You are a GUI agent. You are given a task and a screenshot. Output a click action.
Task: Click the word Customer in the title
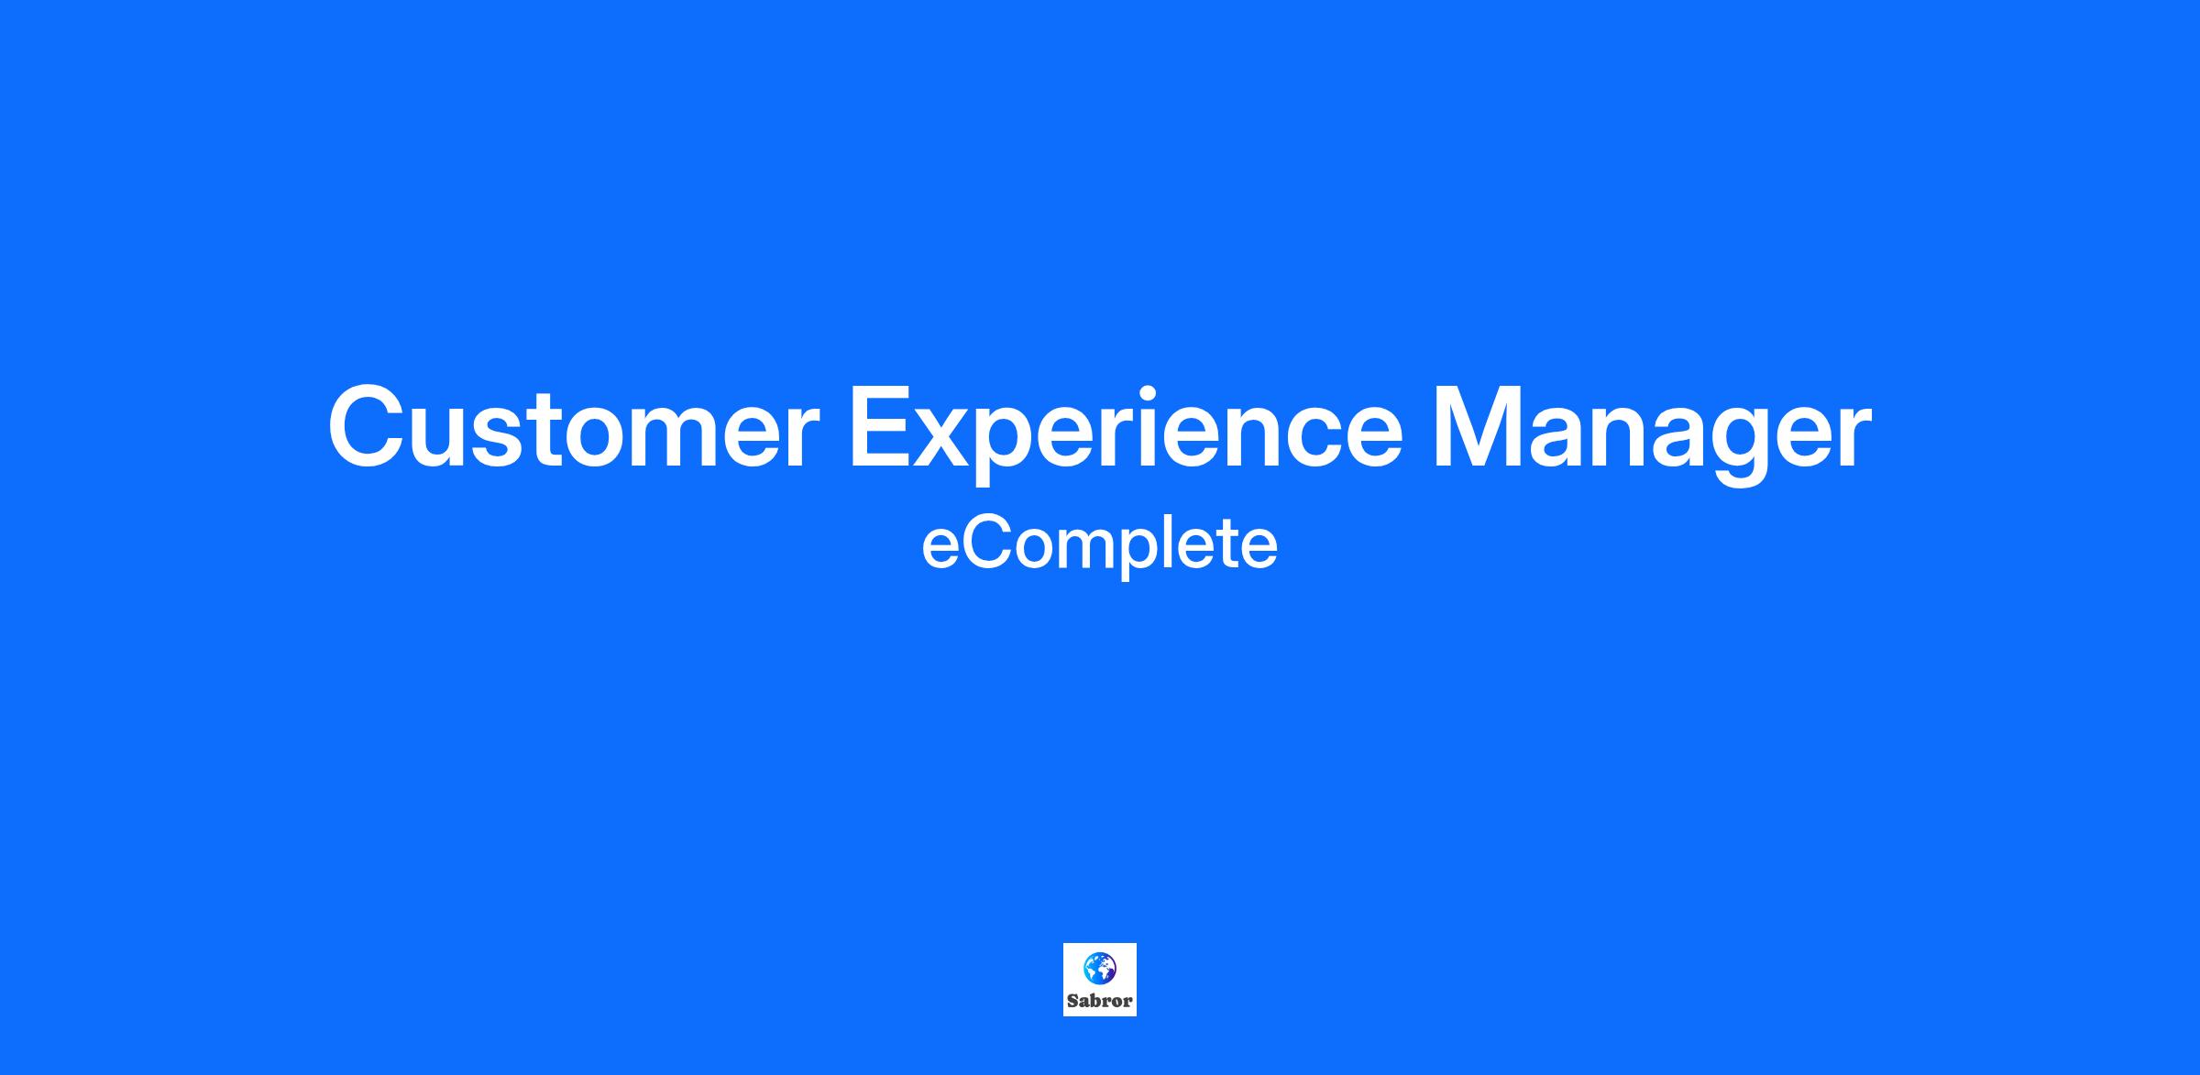tap(573, 429)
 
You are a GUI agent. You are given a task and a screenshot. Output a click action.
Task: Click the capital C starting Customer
tap(368, 428)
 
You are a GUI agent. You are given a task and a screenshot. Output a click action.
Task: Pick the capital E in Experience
tap(883, 427)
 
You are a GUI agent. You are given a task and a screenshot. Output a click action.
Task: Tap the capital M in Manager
tap(1479, 427)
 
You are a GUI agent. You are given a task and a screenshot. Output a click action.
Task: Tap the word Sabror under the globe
tap(1100, 1001)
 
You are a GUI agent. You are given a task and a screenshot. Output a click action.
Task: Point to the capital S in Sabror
tap(1072, 1001)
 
